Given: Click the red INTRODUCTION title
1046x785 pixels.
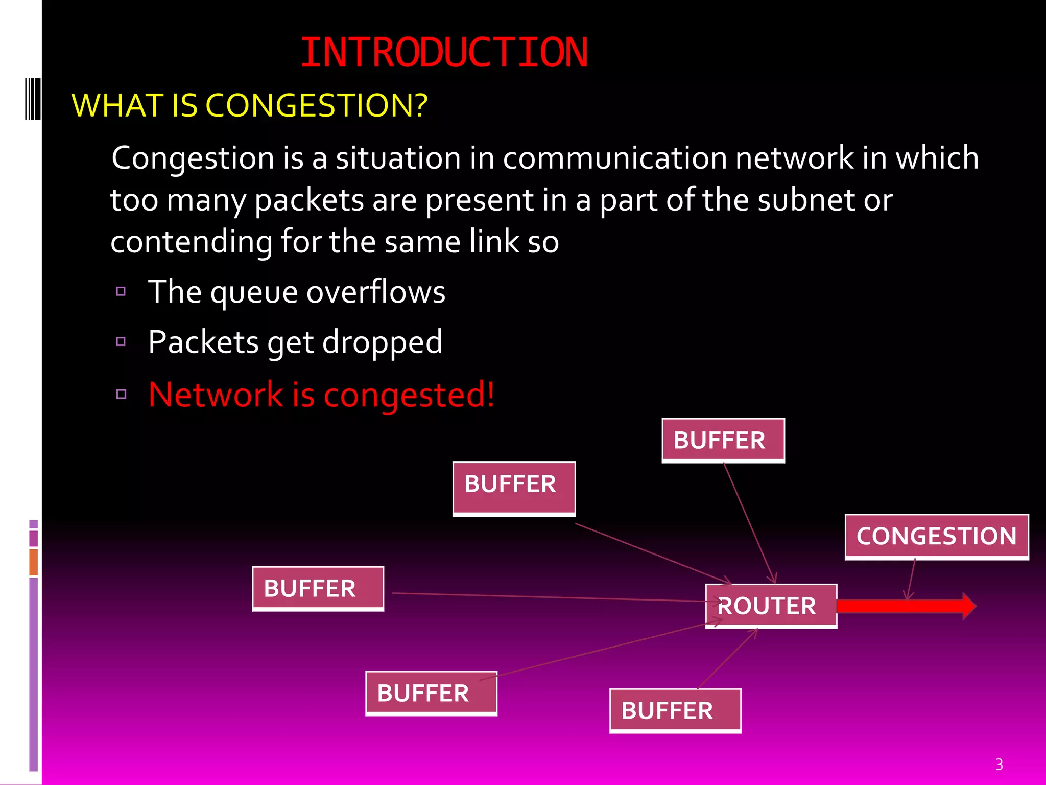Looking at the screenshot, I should [444, 53].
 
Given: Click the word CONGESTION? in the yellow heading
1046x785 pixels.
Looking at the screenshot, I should [316, 105].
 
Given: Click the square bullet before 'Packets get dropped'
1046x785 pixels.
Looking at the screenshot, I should [121, 341].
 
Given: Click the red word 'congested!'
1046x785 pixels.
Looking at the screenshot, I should [409, 395].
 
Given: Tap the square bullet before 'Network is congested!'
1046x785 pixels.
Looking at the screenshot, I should [121, 394].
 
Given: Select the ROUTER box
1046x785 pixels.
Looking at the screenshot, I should [771, 606].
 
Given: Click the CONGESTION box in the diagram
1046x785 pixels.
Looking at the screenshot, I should [936, 537].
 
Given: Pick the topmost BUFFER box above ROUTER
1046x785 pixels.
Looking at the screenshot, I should [723, 441].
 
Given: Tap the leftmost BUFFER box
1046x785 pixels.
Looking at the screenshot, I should [318, 589].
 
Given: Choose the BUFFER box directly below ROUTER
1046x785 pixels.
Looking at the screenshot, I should [675, 711].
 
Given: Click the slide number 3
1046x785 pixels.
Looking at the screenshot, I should [999, 765].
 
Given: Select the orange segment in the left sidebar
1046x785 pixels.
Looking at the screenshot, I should [34, 562].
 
